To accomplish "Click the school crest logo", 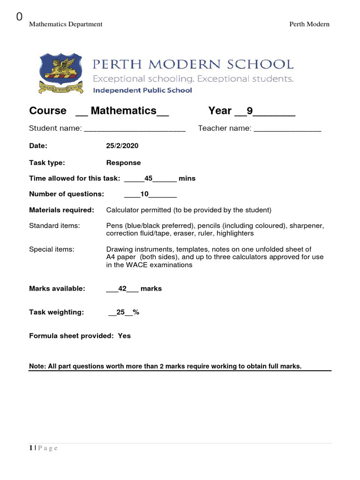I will point(61,74).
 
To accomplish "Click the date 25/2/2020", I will point(122,146).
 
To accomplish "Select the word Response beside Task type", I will point(123,163).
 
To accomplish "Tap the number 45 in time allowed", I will point(149,178).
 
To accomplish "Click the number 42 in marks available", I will point(123,288).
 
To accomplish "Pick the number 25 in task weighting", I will point(121,312).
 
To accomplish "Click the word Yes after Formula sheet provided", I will point(124,336).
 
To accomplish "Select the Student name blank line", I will point(135,129).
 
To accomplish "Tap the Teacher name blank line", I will point(287,129).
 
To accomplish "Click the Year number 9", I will point(249,111).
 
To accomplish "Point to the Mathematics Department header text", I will point(66,24).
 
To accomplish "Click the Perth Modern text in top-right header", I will point(309,24).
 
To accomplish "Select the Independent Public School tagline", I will point(142,90).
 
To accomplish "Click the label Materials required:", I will point(61,210).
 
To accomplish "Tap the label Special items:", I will point(52,249).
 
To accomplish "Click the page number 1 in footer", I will point(31,448).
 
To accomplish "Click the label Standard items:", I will point(54,225).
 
